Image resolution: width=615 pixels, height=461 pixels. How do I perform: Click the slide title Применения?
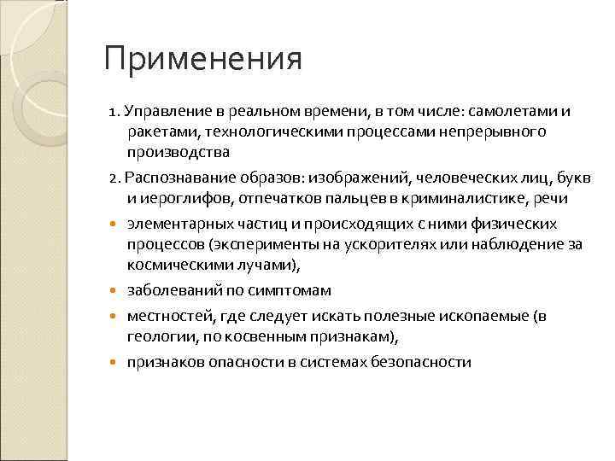[202, 61]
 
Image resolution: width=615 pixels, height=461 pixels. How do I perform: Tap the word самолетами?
[519, 112]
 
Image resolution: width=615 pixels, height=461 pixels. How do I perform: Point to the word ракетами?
[157, 132]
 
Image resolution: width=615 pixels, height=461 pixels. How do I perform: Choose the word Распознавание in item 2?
[173, 178]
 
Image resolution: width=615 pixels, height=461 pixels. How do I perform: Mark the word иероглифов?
[176, 198]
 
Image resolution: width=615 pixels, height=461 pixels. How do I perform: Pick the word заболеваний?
[169, 291]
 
